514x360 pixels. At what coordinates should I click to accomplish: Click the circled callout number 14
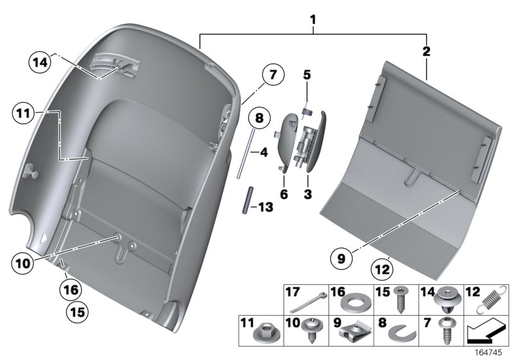39,63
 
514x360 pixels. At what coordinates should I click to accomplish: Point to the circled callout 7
272,75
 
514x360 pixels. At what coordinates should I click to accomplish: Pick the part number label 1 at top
313,20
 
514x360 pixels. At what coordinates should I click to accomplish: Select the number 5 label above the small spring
307,75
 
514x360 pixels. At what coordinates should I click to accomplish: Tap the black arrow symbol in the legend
484,333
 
